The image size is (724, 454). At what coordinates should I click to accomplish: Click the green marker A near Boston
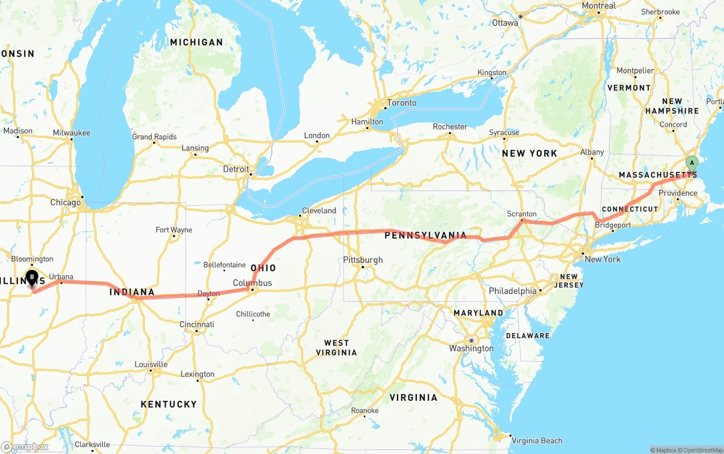(x=691, y=163)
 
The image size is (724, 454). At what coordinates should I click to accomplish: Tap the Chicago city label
(x=65, y=202)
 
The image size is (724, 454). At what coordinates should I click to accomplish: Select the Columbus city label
(x=252, y=283)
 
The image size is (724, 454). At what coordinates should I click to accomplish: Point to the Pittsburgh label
(x=363, y=260)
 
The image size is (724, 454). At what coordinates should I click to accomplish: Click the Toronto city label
(x=402, y=103)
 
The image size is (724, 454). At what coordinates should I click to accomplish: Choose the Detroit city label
(x=236, y=169)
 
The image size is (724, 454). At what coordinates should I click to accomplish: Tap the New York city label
(x=602, y=259)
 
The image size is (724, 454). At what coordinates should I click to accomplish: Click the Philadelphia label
(x=512, y=291)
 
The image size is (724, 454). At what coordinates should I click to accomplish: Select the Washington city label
(x=471, y=348)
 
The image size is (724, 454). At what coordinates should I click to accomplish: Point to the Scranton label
(x=522, y=214)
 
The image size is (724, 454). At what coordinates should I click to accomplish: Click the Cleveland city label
(x=319, y=210)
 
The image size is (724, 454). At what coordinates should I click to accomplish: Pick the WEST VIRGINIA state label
(x=337, y=348)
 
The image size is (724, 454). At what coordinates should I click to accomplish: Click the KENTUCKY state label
(x=169, y=404)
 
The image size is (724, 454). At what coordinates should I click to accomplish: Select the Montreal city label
(x=598, y=6)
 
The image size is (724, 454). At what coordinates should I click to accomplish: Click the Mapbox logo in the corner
(x=25, y=447)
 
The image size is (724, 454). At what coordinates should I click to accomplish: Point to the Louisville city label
(x=151, y=364)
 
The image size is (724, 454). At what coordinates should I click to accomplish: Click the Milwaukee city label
(x=71, y=133)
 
